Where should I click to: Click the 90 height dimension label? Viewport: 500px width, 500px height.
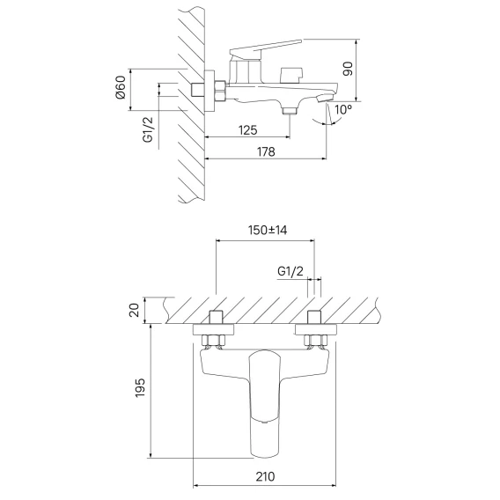click(348, 69)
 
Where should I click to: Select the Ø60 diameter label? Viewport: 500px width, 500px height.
click(121, 87)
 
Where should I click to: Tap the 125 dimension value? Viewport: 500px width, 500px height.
click(247, 130)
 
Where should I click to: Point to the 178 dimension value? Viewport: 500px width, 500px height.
click(266, 151)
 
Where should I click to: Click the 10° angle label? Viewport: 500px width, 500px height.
click(343, 110)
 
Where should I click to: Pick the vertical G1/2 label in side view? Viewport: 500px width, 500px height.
click(148, 129)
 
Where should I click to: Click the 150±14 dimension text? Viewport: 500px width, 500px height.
click(268, 230)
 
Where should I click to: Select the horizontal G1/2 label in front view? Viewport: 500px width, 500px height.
click(290, 271)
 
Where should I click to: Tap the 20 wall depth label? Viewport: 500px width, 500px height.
click(135, 310)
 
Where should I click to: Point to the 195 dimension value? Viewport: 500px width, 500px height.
click(140, 387)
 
